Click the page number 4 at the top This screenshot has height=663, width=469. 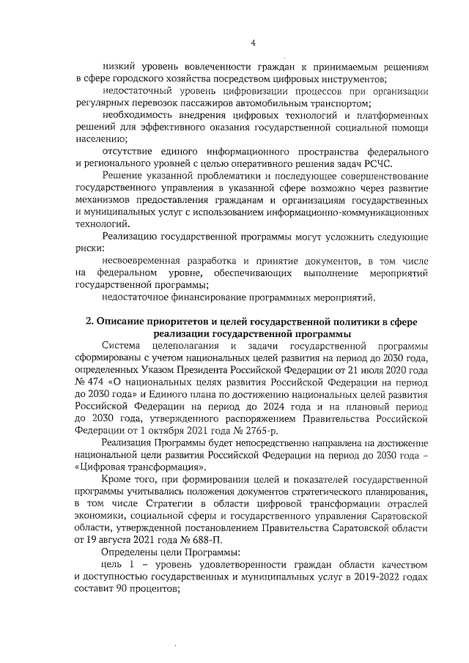pyautogui.click(x=253, y=43)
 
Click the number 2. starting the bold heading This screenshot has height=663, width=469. pyautogui.click(x=90, y=322)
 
